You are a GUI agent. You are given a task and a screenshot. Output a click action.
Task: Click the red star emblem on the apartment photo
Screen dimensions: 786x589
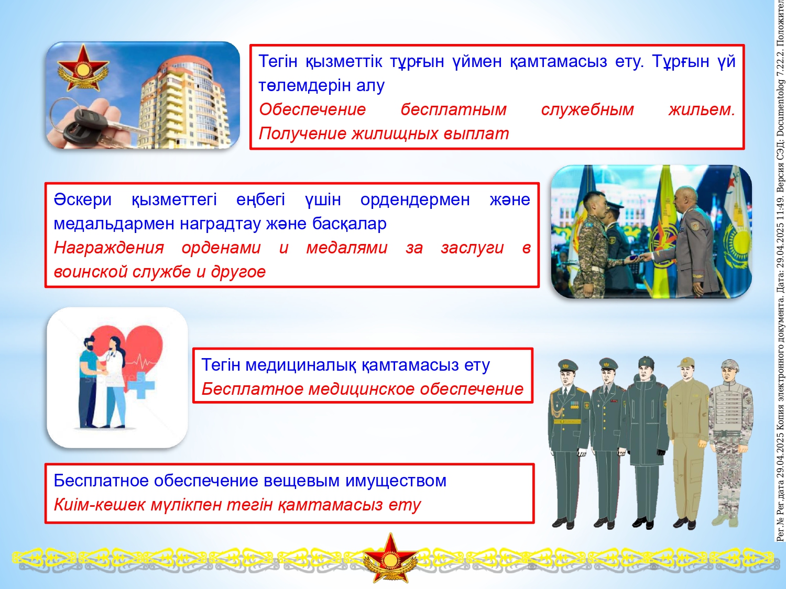pos(83,68)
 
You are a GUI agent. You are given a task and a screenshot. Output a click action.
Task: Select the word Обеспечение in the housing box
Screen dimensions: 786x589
pos(312,109)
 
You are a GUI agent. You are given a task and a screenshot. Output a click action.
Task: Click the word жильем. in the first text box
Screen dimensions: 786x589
pos(702,109)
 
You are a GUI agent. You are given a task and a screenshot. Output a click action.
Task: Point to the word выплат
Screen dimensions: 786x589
pos(476,134)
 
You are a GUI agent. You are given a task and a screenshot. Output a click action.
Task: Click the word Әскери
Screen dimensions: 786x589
pos(83,199)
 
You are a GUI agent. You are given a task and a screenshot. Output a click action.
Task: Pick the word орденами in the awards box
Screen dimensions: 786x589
pos(221,248)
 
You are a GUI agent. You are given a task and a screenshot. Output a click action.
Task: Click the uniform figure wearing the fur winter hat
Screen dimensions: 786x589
pos(648,442)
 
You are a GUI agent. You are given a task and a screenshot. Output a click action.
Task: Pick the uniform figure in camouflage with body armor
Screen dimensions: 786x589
pos(730,443)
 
